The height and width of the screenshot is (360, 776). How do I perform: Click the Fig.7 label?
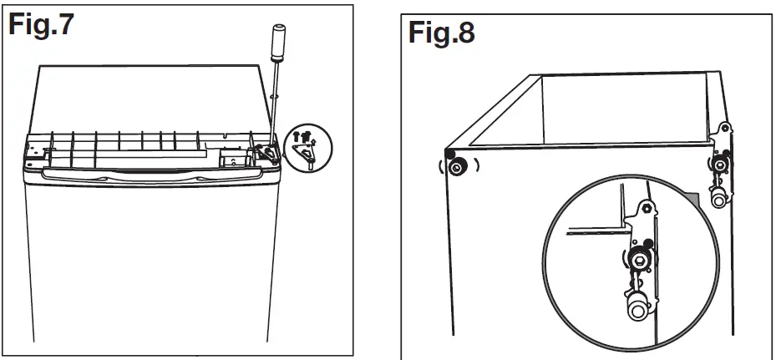pos(42,25)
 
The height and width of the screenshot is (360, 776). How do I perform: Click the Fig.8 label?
pos(442,34)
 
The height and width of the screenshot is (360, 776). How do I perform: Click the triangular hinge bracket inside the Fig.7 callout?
pos(307,155)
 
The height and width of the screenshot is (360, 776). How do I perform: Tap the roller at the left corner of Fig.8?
pos(457,167)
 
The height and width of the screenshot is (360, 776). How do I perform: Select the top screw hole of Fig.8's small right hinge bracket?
pos(724,128)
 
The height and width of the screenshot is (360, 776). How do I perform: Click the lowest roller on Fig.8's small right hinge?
pos(718,200)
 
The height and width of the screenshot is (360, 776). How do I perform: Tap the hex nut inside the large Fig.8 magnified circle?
pos(639,261)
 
